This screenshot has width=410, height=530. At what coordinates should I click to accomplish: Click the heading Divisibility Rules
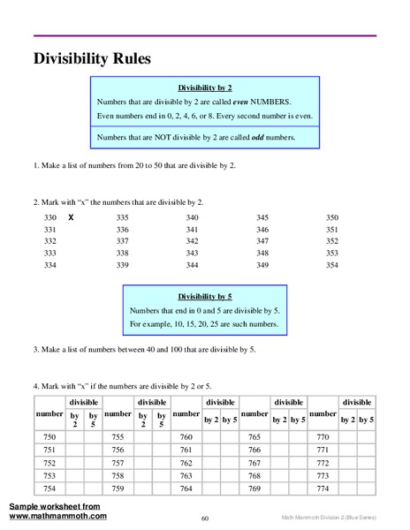[x=92, y=59]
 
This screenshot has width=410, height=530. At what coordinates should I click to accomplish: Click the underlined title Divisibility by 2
[x=204, y=89]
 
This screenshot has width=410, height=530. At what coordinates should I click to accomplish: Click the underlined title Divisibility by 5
[x=204, y=299]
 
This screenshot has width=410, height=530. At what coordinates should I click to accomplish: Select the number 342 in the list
[x=193, y=241]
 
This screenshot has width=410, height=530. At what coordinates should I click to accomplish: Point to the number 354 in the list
[x=331, y=265]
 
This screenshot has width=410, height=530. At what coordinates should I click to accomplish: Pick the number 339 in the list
[x=122, y=265]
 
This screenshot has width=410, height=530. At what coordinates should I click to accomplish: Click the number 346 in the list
[x=262, y=229]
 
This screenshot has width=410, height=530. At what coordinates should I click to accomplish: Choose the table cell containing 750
[x=49, y=438]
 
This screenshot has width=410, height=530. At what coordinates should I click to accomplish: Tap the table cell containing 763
[x=186, y=475]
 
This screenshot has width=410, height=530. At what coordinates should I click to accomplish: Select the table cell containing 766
[x=254, y=450]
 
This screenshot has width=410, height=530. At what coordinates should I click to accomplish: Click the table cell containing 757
[x=118, y=463]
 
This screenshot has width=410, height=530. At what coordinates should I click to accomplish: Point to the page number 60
[x=204, y=519]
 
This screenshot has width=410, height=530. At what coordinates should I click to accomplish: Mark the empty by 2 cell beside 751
[x=75, y=450]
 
